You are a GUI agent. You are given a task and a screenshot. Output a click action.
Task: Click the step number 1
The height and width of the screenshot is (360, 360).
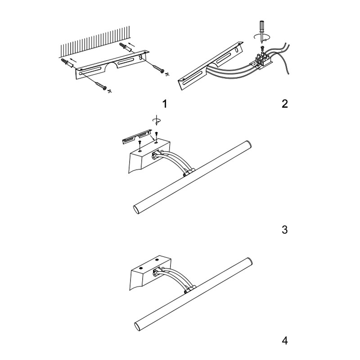[x=165, y=104]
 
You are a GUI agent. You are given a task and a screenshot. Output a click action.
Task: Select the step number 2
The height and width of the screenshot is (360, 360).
[x=284, y=104]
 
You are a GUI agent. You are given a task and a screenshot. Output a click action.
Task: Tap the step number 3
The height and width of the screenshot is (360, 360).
[x=284, y=230]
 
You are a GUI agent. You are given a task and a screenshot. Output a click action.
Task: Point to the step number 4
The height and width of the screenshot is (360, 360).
[x=284, y=340]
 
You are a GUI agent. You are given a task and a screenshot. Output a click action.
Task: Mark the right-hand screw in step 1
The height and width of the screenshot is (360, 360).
[x=158, y=69]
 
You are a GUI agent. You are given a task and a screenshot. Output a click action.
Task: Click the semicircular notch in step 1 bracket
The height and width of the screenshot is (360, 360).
[x=108, y=68]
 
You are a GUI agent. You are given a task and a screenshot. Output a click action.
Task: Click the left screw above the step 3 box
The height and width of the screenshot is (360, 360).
[x=140, y=143]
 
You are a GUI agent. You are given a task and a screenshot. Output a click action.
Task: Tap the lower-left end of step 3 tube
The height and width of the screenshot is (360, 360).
[x=138, y=209]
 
